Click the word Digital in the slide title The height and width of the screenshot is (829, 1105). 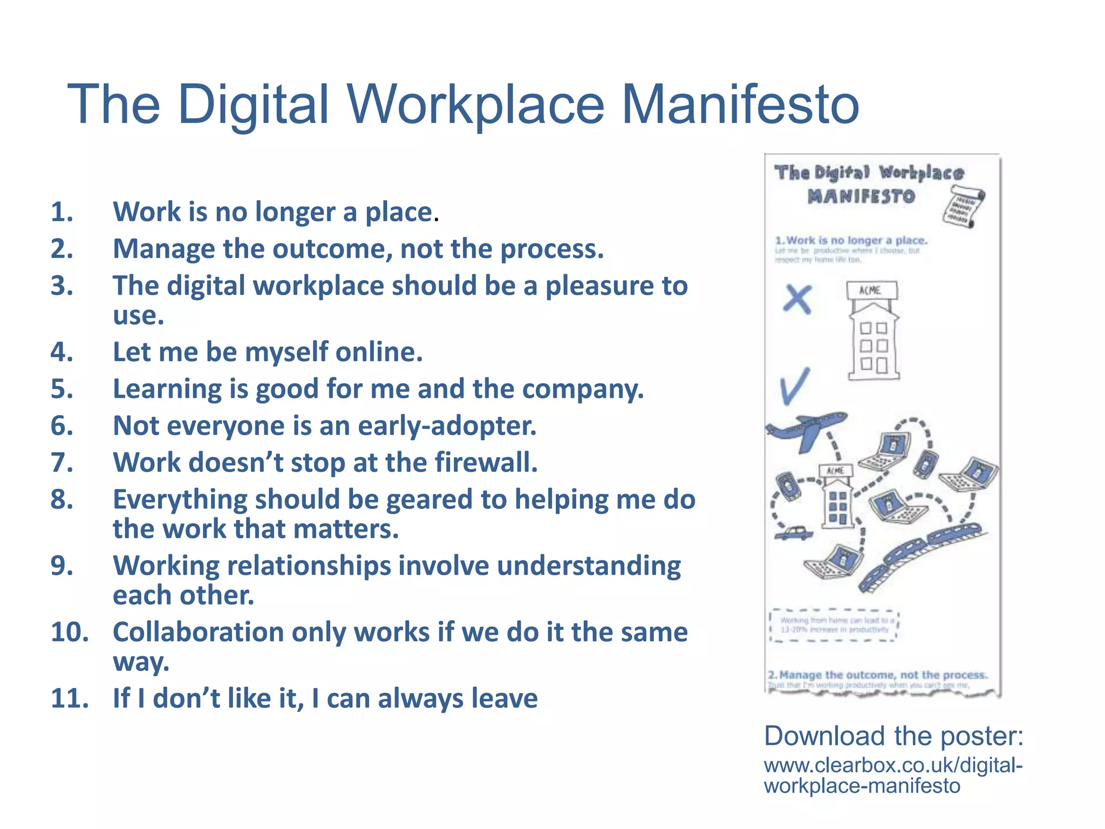click(x=253, y=105)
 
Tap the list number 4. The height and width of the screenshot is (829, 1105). click(x=62, y=352)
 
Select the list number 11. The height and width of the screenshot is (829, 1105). click(x=70, y=698)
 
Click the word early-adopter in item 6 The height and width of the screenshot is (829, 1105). click(x=447, y=426)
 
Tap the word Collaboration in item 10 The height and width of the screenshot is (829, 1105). click(x=198, y=632)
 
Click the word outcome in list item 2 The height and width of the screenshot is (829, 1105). click(x=332, y=249)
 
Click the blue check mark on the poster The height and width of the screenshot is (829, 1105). click(x=794, y=386)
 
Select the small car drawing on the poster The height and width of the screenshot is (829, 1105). click(x=794, y=533)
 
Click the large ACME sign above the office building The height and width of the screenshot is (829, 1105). click(x=871, y=290)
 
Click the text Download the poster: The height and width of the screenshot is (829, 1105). click(x=893, y=736)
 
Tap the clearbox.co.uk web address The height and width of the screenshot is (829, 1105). click(x=893, y=776)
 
